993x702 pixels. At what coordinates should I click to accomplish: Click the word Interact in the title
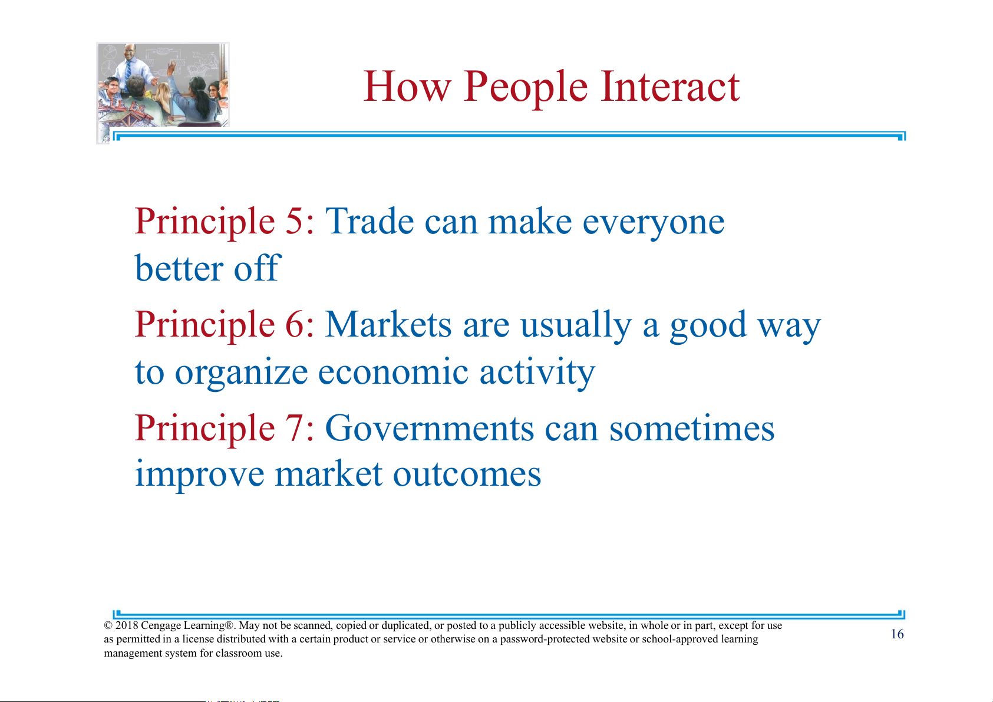point(670,86)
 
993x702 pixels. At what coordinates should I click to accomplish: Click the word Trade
point(370,221)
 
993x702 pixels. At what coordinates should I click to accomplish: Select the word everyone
point(654,225)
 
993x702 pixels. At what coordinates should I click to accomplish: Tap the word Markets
point(388,324)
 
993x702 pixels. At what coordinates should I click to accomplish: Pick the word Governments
point(430,427)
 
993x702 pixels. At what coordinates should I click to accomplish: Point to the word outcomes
point(467,474)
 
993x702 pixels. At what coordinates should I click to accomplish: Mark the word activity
point(537,373)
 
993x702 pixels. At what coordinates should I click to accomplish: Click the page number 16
point(898,634)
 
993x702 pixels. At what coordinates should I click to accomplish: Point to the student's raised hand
point(171,67)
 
